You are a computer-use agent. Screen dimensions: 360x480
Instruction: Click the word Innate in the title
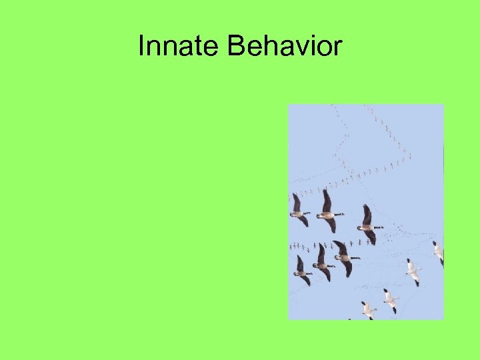pyautogui.click(x=179, y=47)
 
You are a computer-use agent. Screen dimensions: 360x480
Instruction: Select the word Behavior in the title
pyautogui.click(x=285, y=47)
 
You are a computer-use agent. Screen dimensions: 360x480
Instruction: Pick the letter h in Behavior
pyautogui.click(x=268, y=47)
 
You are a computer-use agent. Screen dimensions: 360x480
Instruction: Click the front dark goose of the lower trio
pyautogui.click(x=345, y=258)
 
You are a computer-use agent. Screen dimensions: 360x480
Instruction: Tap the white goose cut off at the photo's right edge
pyautogui.click(x=438, y=251)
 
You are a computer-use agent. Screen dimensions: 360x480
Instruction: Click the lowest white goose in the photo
pyautogui.click(x=368, y=309)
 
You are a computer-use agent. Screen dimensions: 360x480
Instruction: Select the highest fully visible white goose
pyautogui.click(x=413, y=271)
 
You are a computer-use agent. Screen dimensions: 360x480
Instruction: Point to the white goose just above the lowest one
pyautogui.click(x=391, y=299)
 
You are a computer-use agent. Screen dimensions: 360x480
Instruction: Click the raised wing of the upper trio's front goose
pyautogui.click(x=367, y=214)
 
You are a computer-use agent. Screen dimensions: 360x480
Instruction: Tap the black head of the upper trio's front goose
pyautogui.click(x=380, y=227)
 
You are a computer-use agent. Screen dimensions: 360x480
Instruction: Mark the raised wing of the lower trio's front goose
pyautogui.click(x=341, y=248)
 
